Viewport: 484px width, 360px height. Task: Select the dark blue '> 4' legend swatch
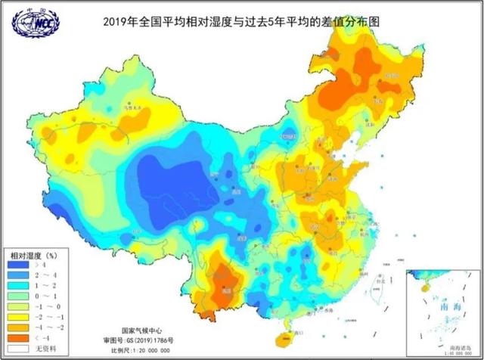click(17, 265)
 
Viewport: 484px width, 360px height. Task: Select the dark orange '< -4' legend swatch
click(17, 337)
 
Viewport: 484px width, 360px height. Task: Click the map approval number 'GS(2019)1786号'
click(155, 341)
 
